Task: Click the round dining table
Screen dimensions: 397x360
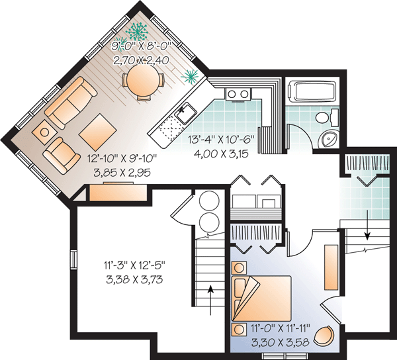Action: tap(144, 79)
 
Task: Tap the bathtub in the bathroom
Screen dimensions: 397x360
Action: tap(313, 91)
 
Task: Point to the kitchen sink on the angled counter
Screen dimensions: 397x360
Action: tap(187, 114)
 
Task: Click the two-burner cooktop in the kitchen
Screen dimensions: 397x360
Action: tap(238, 95)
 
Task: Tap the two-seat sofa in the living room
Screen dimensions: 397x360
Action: tap(71, 102)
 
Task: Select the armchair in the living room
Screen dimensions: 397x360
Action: tap(62, 156)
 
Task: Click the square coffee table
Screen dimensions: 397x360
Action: tap(98, 132)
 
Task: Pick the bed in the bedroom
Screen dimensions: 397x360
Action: tap(261, 298)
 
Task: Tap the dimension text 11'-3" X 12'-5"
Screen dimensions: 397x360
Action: tap(134, 266)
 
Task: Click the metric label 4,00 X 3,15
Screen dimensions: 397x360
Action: tap(221, 154)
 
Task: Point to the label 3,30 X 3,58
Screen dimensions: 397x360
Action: tap(281, 343)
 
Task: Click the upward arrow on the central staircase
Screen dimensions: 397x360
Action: tap(210, 300)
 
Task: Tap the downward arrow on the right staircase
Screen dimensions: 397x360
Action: tap(367, 225)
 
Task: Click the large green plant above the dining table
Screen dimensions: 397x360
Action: tap(137, 31)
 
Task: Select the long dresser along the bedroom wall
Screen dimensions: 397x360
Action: tap(331, 267)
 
